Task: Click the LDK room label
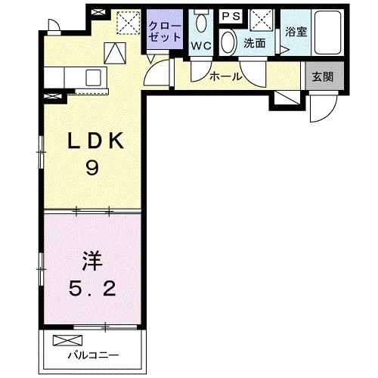point(91,141)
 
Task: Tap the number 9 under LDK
point(91,169)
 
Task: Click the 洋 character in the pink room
point(90,262)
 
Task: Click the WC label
point(201,45)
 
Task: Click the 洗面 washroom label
point(254,44)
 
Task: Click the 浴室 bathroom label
point(295,33)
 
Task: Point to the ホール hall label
point(226,76)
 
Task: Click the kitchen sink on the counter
point(94,76)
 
